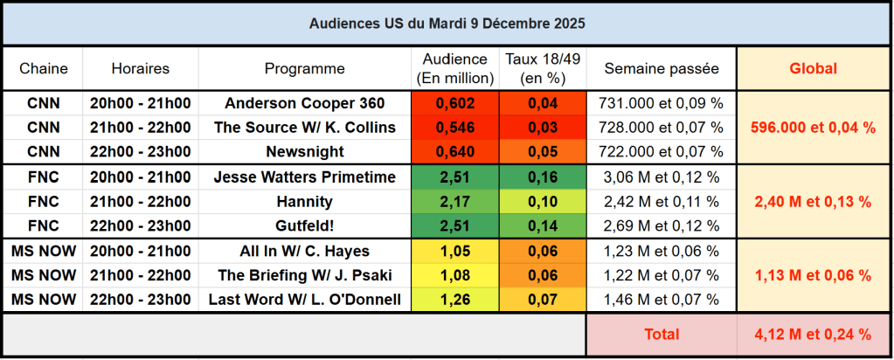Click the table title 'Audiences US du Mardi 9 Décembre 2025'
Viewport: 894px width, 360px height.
tap(447, 24)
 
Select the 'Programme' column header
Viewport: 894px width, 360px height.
tap(305, 68)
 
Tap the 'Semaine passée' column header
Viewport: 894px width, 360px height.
tap(662, 68)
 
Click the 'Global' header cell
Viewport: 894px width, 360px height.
tap(813, 68)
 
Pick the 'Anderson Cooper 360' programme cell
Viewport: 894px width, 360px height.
tap(305, 102)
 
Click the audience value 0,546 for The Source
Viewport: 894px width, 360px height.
tap(454, 128)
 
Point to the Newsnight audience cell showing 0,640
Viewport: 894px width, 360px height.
tap(454, 152)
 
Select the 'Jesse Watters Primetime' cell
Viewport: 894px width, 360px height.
tap(305, 177)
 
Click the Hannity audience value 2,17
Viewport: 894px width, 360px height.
tap(454, 202)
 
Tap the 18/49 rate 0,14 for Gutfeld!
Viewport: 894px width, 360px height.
tap(543, 226)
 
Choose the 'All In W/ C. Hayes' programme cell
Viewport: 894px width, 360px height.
tap(305, 252)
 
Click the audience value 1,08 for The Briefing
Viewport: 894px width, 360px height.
tap(454, 276)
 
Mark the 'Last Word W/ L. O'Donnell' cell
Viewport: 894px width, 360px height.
tap(305, 301)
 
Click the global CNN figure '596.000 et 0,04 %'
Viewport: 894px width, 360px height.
tap(813, 128)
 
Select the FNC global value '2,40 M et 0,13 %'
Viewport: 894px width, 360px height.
tap(813, 202)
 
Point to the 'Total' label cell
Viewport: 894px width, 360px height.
tap(662, 334)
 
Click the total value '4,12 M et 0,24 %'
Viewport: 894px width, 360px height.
tap(813, 334)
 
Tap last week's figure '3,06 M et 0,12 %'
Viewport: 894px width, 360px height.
tap(662, 177)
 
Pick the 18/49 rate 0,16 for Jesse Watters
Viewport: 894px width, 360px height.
tap(543, 177)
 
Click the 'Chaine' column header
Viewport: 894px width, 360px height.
tap(44, 68)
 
